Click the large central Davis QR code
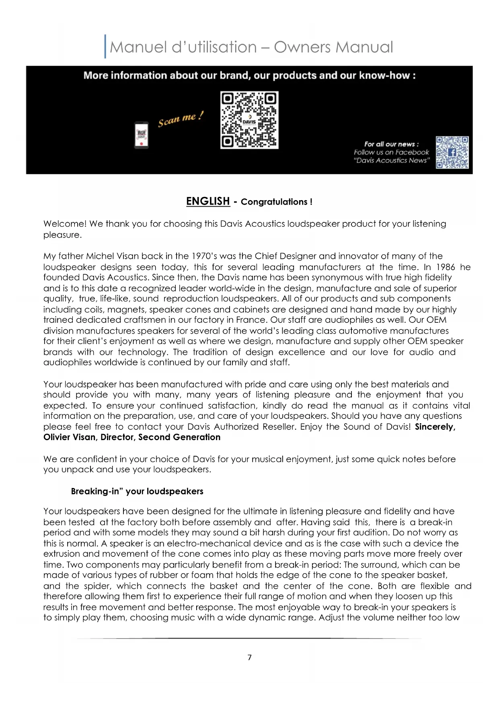click(x=249, y=120)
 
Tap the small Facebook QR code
click(x=452, y=152)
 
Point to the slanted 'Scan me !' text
click(x=181, y=119)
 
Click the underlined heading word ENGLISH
click(x=208, y=201)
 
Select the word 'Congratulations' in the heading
click(x=274, y=202)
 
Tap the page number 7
click(x=249, y=658)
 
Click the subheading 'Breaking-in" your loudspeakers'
click(x=137, y=491)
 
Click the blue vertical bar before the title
click(x=105, y=47)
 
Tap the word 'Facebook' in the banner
click(x=412, y=152)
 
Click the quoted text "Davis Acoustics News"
click(x=392, y=160)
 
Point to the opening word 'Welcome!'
click(x=65, y=224)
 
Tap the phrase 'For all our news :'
click(x=391, y=144)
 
